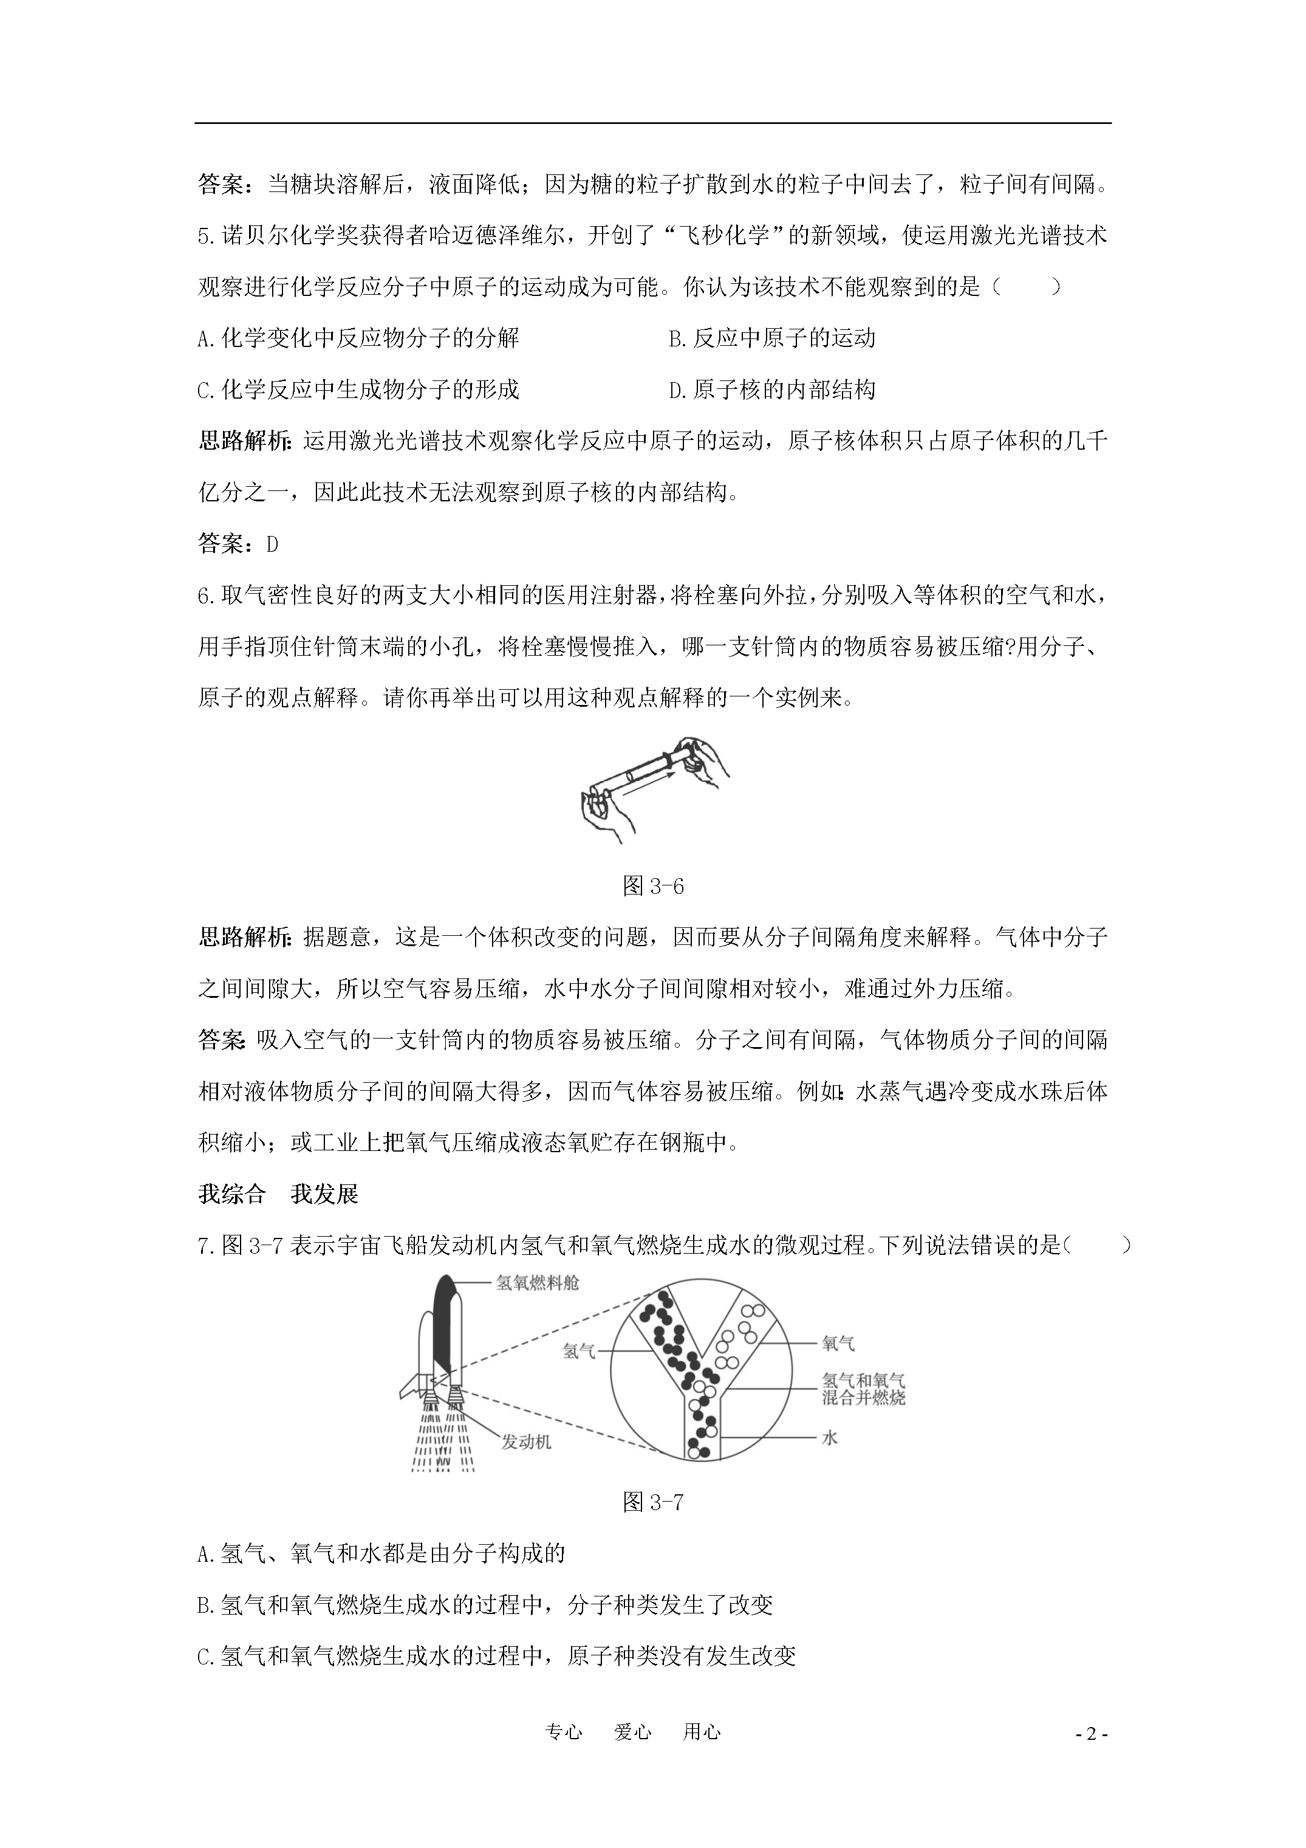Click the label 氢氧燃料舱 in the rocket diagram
[537, 1283]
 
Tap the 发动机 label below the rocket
[526, 1441]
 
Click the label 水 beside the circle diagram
[830, 1437]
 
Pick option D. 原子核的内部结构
[771, 390]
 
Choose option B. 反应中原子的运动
[771, 338]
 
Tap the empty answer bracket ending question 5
[1028, 287]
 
